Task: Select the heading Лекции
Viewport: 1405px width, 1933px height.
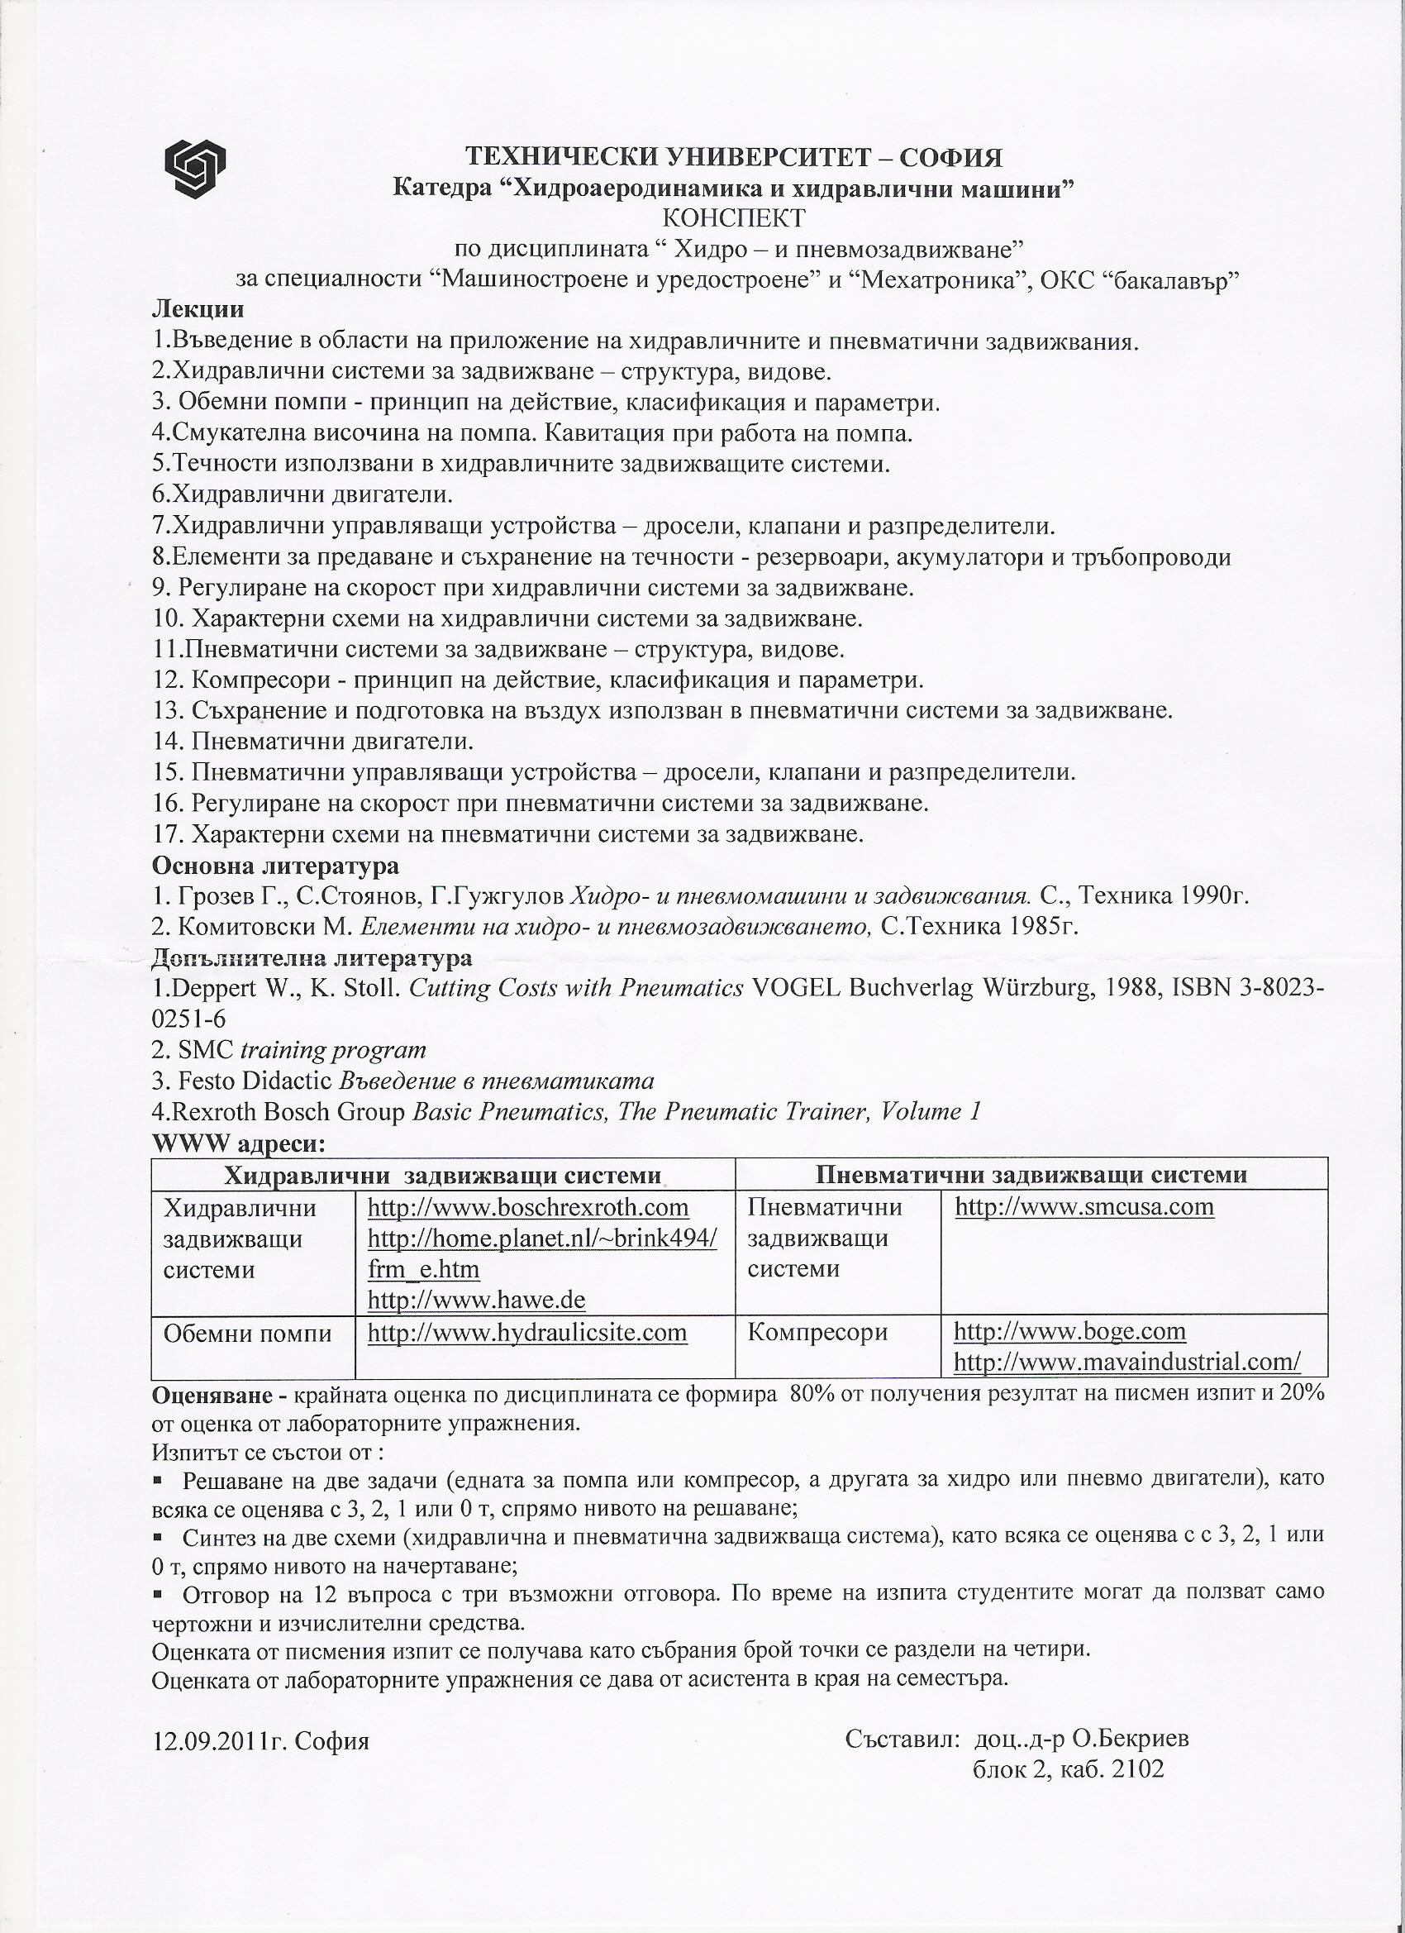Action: click(198, 310)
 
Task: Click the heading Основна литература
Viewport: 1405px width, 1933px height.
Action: click(275, 866)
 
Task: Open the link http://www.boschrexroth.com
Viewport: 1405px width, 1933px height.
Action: click(527, 1208)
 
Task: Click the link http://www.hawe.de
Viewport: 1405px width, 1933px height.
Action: click(476, 1300)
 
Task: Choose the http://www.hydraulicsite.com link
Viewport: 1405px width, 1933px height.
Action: click(526, 1333)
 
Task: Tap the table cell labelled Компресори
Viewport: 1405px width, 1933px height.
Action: click(817, 1332)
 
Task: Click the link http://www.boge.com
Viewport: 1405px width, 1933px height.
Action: click(1069, 1331)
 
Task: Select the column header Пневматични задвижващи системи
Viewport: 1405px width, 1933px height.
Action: click(1031, 1176)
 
